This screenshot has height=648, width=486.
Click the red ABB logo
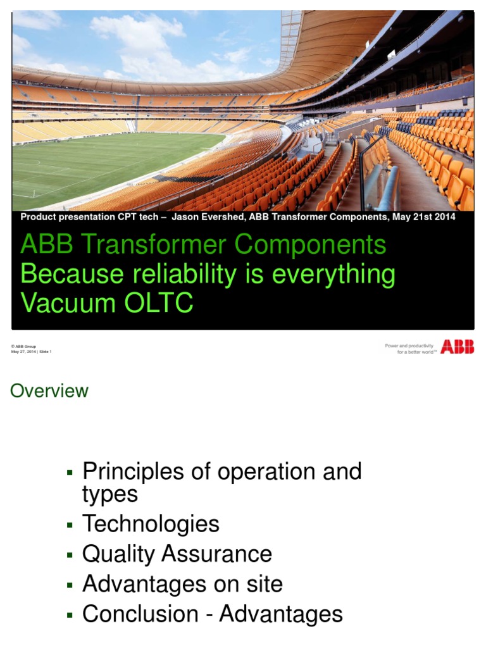tap(457, 347)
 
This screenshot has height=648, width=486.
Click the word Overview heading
tap(49, 391)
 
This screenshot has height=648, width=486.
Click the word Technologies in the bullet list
tap(151, 524)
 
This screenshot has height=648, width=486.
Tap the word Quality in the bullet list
tap(119, 554)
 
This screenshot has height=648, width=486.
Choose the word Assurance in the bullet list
tap(216, 554)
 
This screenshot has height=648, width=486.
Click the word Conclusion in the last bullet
tap(140, 614)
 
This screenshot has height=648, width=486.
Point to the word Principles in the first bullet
tap(132, 471)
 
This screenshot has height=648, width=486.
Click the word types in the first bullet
tap(109, 494)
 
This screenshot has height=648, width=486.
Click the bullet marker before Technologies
tap(70, 525)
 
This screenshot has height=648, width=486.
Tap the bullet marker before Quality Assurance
tap(70, 555)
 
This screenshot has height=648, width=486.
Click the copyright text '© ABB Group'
tap(23, 347)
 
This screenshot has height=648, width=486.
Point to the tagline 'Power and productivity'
tap(409, 346)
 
